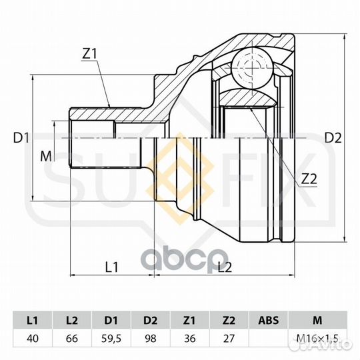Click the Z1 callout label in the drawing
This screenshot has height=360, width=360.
click(90, 54)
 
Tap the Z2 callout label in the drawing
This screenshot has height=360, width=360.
click(309, 179)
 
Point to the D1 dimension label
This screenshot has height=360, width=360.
click(21, 138)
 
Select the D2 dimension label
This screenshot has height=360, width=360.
click(333, 138)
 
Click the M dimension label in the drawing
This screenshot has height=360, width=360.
click(46, 157)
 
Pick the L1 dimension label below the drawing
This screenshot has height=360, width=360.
click(111, 267)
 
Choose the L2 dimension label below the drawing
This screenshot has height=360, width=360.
click(225, 267)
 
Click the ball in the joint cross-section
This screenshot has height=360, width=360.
click(252, 68)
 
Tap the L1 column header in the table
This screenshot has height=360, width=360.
click(33, 320)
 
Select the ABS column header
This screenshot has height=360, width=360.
click(269, 320)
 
